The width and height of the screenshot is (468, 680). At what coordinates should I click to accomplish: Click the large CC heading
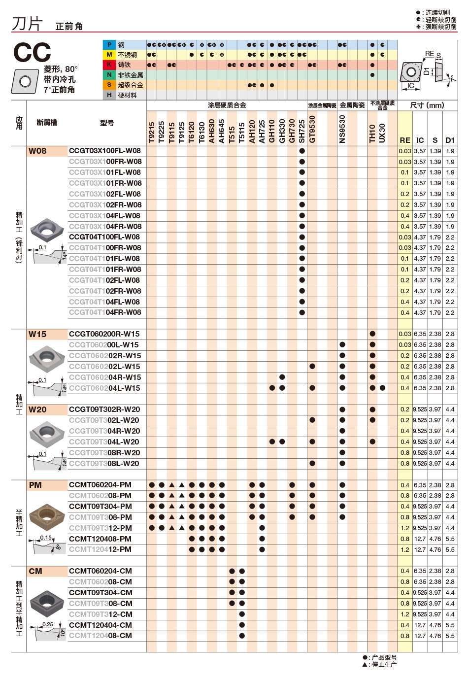(x=32, y=53)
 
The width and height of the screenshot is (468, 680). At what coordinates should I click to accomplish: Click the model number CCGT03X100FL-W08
(x=104, y=151)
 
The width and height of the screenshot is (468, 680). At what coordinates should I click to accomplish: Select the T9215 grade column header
(x=152, y=132)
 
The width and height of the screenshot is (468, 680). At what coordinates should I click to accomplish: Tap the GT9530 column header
(x=312, y=129)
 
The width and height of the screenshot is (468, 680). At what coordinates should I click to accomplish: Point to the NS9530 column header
(x=342, y=129)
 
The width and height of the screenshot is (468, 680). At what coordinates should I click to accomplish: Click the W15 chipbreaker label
(x=37, y=334)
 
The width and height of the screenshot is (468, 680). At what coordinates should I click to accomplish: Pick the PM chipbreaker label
(x=35, y=485)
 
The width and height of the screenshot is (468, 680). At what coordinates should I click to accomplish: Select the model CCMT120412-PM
(x=100, y=549)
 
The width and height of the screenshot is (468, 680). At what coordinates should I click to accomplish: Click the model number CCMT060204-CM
(x=100, y=571)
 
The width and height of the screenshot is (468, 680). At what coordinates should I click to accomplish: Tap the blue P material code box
(x=109, y=45)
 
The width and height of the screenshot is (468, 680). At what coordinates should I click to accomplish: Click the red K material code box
(x=109, y=65)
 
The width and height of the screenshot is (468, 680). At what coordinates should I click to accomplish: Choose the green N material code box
(x=109, y=75)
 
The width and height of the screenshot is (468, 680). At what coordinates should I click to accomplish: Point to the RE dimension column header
(x=405, y=140)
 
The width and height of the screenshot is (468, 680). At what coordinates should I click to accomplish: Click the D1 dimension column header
(x=450, y=140)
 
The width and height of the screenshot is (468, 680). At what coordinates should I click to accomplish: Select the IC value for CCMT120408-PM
(x=420, y=539)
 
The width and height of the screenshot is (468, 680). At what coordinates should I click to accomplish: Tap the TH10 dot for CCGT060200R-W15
(x=372, y=334)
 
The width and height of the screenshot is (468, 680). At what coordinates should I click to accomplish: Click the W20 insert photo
(x=47, y=432)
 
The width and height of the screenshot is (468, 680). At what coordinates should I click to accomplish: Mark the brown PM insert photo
(x=47, y=517)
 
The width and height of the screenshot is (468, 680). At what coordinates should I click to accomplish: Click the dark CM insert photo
(x=47, y=602)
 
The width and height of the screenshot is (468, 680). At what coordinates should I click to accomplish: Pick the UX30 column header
(x=382, y=133)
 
